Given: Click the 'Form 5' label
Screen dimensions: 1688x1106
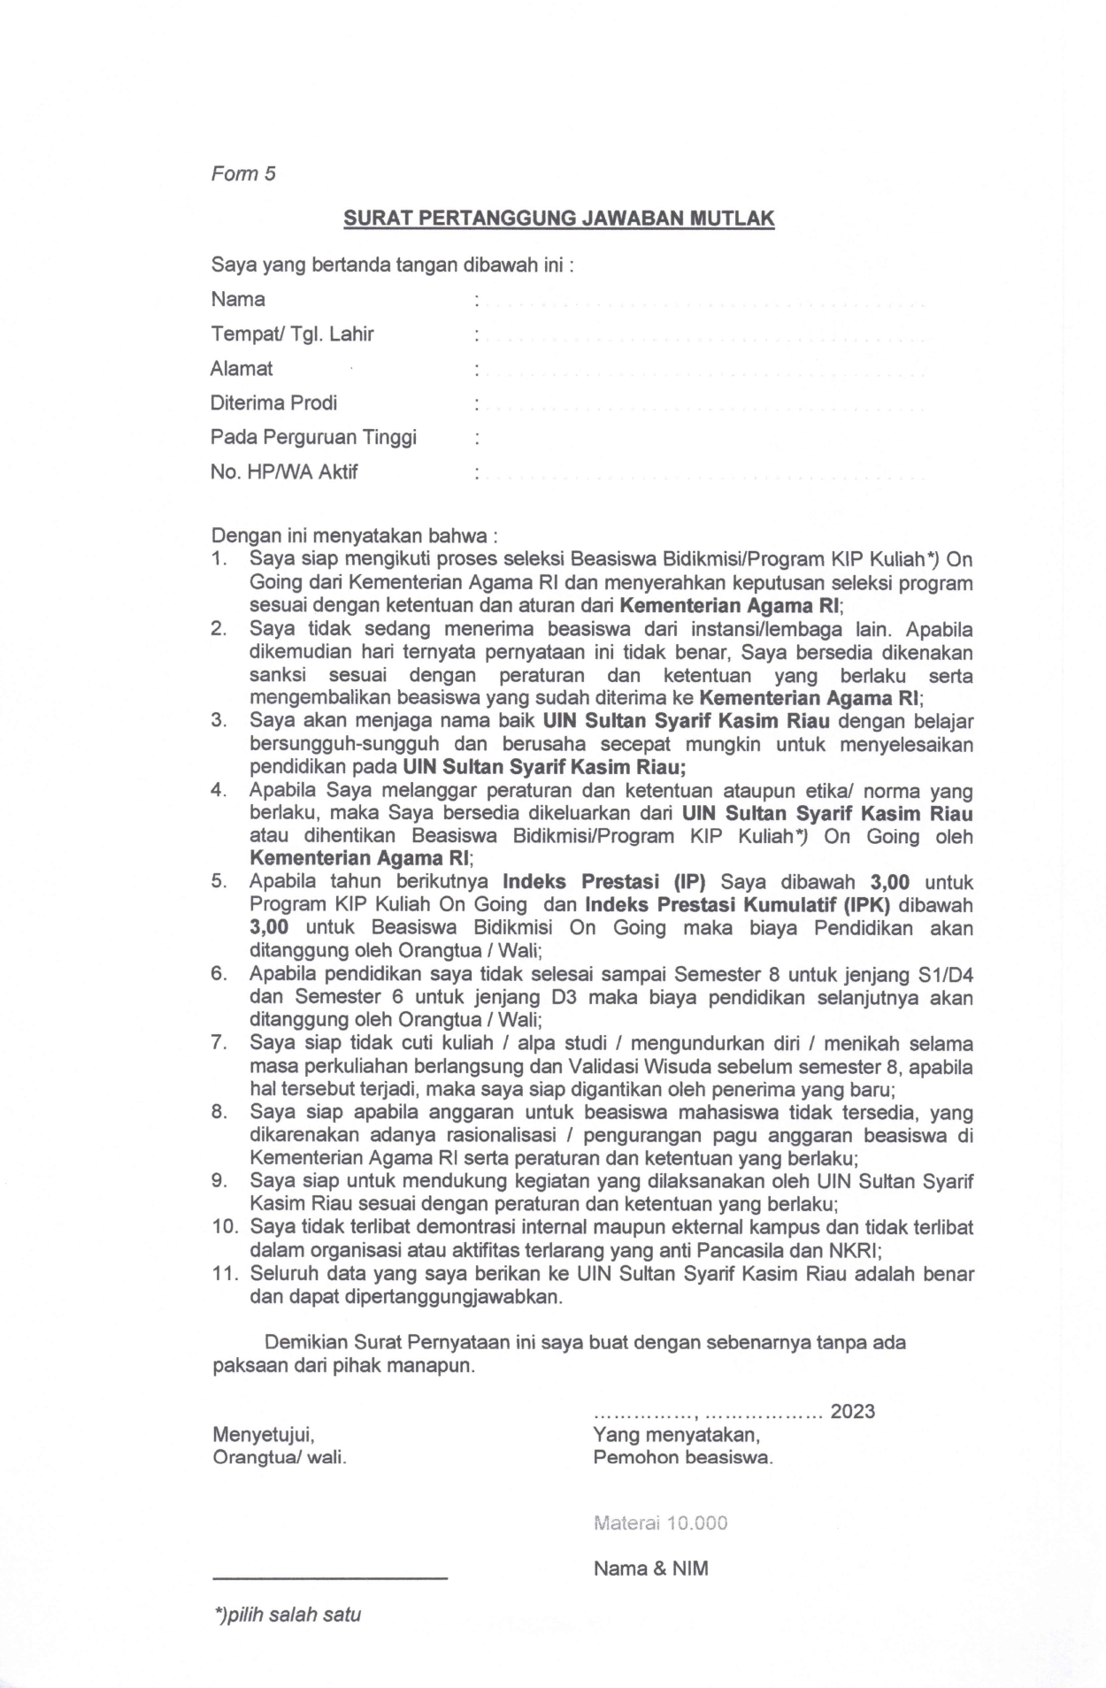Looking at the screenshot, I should (243, 173).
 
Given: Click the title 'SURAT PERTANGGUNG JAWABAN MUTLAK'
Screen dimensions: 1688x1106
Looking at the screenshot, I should (558, 218).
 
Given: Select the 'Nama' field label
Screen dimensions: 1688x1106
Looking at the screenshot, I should (238, 299).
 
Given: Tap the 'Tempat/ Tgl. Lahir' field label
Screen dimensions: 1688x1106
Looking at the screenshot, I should (292, 334).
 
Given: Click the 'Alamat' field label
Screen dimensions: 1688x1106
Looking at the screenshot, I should (242, 369).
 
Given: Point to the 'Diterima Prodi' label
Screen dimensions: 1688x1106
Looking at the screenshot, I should (273, 403).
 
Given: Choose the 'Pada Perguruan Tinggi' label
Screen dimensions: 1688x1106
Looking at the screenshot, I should (313, 437).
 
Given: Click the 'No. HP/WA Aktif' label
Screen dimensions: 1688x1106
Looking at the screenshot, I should (284, 472).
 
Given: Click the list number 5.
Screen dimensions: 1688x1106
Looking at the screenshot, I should (219, 882).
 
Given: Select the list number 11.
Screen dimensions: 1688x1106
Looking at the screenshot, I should (226, 1275).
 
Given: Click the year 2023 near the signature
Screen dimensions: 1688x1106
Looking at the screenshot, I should (852, 1411).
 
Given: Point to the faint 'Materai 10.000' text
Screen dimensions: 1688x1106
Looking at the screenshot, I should (661, 1523).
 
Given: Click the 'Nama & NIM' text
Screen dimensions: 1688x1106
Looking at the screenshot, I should (650, 1569).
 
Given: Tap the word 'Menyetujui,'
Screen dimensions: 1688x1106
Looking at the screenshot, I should (264, 1434).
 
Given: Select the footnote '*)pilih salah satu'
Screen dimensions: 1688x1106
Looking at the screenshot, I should (288, 1615).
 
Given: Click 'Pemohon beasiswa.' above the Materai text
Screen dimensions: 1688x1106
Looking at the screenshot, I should (683, 1457).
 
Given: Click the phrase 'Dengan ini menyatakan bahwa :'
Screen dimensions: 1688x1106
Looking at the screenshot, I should (354, 536).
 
